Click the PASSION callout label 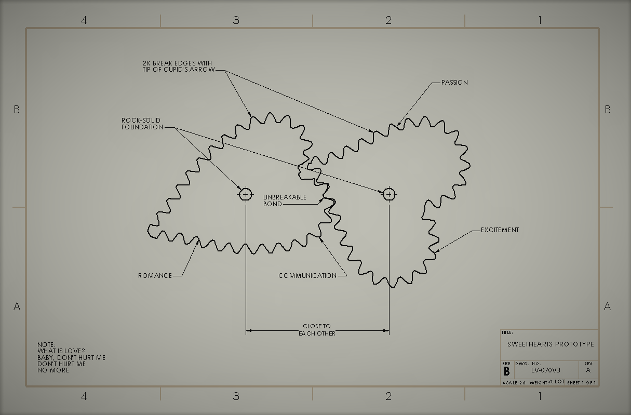coord(454,82)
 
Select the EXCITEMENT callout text coord(500,230)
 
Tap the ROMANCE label coord(155,275)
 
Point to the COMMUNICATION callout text coord(307,275)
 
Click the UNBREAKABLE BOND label coord(285,200)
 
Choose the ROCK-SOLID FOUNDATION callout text coord(142,124)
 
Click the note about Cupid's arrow coord(178,66)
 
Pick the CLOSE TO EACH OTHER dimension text coord(317,330)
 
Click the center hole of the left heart coord(245,194)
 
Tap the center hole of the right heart coord(389,194)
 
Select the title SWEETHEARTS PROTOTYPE coord(551,344)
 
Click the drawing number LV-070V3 coord(545,370)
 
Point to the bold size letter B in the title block coord(506,371)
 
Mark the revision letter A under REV coord(588,370)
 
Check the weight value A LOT coord(556,382)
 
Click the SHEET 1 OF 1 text coord(582,383)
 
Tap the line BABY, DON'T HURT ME coord(71,357)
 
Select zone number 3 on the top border coord(236,20)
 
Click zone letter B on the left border coord(17,110)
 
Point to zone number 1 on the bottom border coord(540,396)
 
